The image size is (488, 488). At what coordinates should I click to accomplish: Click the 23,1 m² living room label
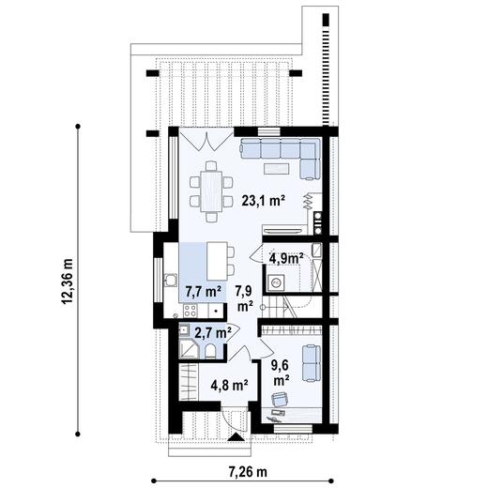click(x=263, y=200)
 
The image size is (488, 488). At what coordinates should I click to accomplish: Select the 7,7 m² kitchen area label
click(x=202, y=291)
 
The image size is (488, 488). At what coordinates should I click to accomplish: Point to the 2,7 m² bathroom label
click(x=212, y=332)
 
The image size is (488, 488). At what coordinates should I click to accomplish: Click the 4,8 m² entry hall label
click(x=228, y=384)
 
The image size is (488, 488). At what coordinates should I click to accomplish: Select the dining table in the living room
click(x=211, y=191)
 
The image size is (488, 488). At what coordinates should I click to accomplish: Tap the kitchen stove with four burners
click(x=191, y=311)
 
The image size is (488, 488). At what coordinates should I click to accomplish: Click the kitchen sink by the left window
click(x=172, y=280)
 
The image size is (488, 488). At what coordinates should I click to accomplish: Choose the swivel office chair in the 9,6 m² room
click(x=279, y=402)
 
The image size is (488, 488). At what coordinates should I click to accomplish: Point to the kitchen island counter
click(x=219, y=255)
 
